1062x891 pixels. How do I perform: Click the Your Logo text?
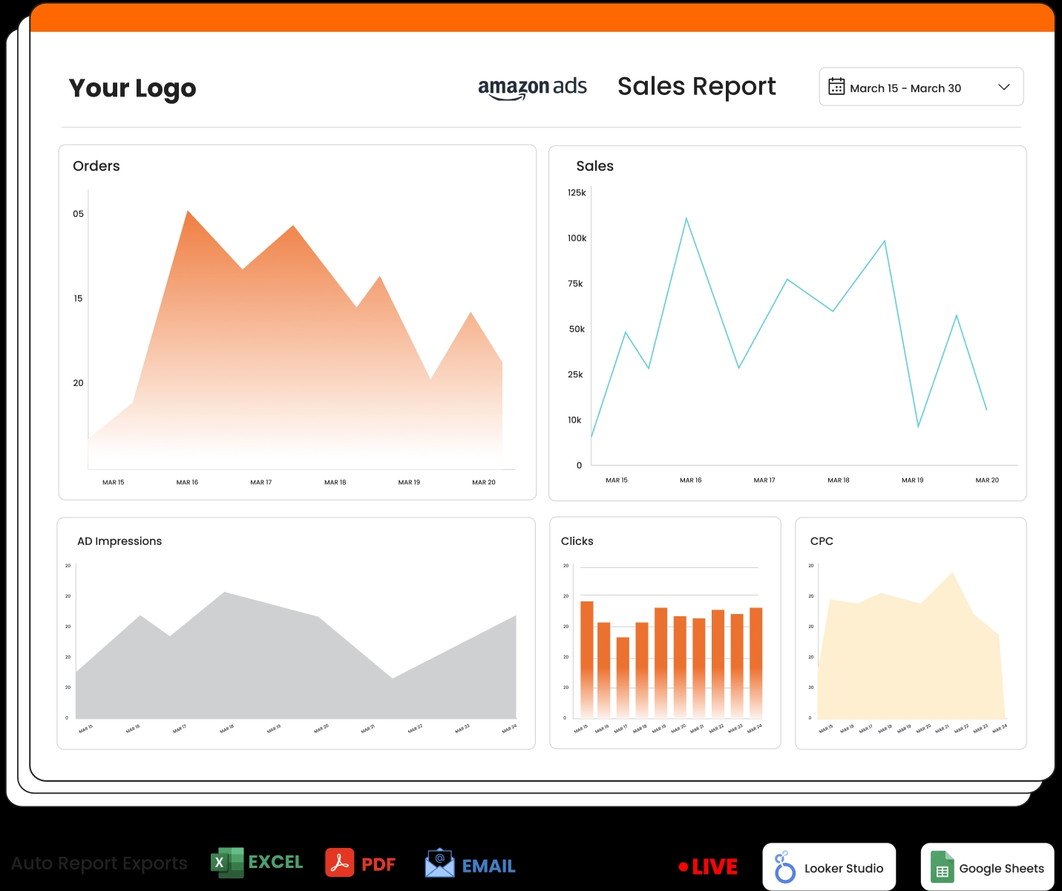click(132, 88)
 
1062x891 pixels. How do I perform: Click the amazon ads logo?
click(532, 88)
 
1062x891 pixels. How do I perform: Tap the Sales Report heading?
click(696, 87)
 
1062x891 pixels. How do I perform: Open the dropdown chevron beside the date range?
click(1004, 87)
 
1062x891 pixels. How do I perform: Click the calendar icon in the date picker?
click(836, 87)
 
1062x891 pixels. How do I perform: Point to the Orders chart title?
click(96, 166)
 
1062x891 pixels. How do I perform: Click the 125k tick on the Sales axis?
click(577, 193)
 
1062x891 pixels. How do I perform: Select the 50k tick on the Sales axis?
click(577, 330)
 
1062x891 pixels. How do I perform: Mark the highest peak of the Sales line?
click(686, 218)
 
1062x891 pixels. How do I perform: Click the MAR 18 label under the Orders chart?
click(335, 483)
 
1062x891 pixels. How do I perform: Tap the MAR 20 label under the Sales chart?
click(987, 480)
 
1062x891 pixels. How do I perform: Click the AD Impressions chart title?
click(119, 541)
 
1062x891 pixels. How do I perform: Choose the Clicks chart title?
click(577, 541)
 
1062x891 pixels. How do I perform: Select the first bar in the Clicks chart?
click(587, 657)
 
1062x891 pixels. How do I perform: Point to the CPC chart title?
click(822, 541)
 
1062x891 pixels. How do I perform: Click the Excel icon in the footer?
click(227, 863)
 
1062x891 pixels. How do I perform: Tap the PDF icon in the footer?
click(339, 863)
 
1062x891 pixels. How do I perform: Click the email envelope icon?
click(440, 863)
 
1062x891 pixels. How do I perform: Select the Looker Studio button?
click(829, 867)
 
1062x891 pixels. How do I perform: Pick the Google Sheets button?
click(987, 867)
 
